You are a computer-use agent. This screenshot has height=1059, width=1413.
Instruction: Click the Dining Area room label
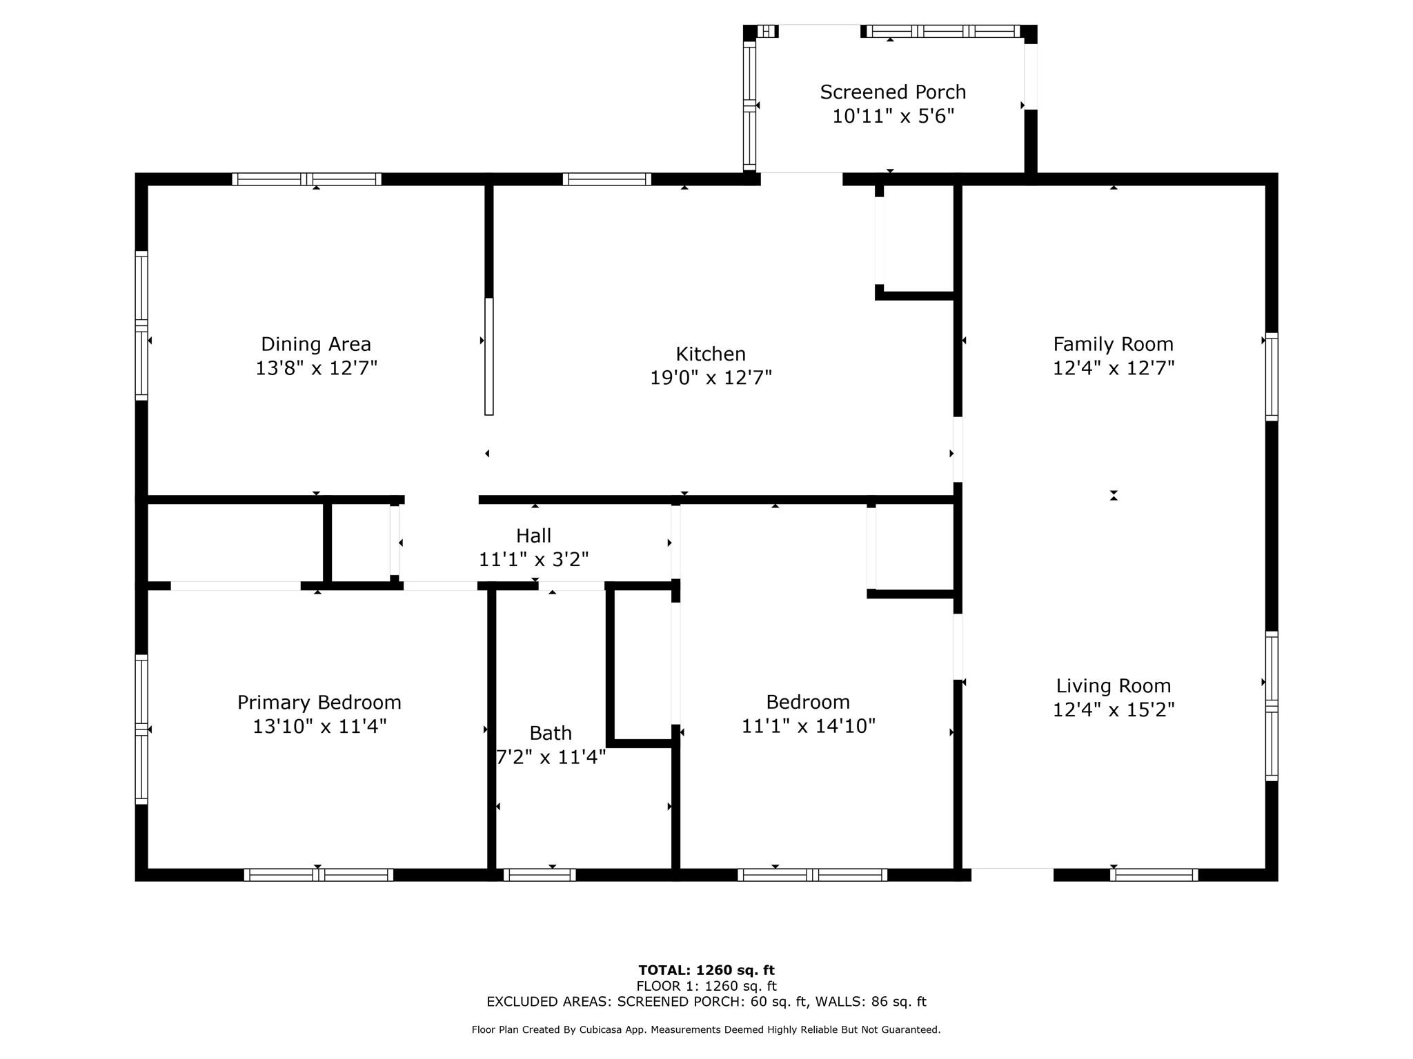pos(316,344)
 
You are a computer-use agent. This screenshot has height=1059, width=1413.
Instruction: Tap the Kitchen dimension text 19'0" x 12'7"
pos(711,378)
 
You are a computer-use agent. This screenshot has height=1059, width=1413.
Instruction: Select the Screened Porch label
pos(893,92)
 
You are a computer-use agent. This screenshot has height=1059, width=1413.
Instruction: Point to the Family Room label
pos(1113,344)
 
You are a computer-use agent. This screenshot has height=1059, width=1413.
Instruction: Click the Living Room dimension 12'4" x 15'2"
pos(1113,709)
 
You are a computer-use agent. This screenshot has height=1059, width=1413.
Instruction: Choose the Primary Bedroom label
pos(319,703)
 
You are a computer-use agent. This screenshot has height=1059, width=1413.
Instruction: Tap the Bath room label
pos(551,733)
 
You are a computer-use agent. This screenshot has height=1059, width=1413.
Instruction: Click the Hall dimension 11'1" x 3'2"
pos(533,559)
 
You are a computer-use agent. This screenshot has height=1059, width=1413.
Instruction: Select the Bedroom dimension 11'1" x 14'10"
pos(808,726)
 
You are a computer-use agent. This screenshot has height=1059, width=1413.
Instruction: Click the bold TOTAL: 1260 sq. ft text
pos(706,970)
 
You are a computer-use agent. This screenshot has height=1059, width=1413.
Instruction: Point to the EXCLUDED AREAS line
pos(706,1002)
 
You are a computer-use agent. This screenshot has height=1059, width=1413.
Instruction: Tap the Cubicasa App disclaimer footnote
pos(706,1029)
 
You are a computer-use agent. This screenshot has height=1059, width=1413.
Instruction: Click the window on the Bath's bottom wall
pos(540,875)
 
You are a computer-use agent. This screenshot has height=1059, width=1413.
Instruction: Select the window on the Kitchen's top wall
pos(606,179)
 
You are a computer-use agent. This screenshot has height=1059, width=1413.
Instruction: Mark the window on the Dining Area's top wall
pos(306,179)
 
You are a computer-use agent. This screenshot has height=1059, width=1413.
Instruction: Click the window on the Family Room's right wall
pos(1271,376)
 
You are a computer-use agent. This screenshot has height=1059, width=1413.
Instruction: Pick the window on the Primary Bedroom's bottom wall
pos(319,875)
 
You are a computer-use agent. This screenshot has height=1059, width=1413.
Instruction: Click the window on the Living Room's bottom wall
pos(1154,875)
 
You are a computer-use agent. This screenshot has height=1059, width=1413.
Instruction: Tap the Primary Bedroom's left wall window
pos(141,729)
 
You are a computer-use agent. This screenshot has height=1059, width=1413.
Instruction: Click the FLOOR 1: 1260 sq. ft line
pos(706,986)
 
